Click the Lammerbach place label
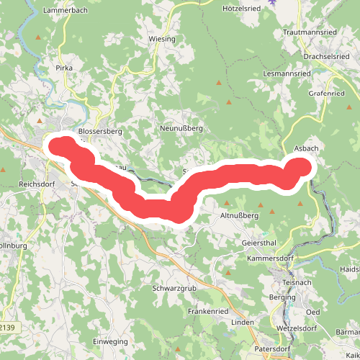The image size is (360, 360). coord(65,11)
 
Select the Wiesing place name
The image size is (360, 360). coord(161,38)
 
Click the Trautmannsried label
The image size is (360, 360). coord(310,33)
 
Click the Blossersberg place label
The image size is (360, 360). coord(101,132)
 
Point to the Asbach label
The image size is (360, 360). coord(307,148)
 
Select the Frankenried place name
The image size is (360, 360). coord(208,311)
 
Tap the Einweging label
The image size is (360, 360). coord(110,341)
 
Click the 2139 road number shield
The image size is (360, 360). coord(9,328)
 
